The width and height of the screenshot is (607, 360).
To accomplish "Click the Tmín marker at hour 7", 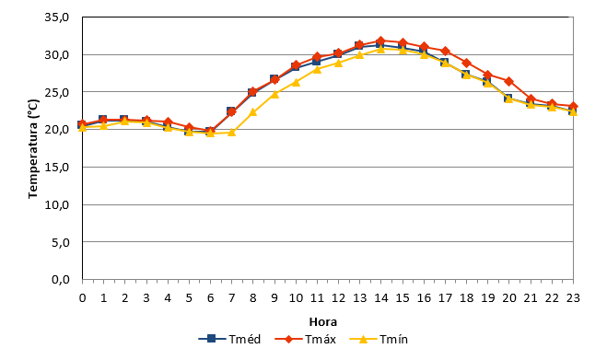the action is pos(231,132).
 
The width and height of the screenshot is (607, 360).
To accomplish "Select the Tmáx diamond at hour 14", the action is pos(381,41).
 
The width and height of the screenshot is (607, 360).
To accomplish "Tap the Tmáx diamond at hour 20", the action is pos(509,81).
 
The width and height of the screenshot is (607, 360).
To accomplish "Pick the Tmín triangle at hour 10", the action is pos(296,82).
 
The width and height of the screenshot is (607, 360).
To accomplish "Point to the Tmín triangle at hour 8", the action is pos(252,112).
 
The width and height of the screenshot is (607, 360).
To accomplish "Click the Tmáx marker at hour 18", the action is pos(466,63).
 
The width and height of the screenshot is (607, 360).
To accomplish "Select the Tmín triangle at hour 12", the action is pos(338,63).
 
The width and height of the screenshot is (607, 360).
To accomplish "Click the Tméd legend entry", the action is pos(229,339).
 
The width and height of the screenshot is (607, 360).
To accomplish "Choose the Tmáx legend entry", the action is pos(306,339).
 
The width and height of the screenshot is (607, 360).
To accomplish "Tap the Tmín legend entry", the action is pos(379,339).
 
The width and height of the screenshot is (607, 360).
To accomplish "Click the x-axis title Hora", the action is pos(323,321).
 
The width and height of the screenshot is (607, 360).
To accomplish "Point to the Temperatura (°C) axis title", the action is pos(33,149).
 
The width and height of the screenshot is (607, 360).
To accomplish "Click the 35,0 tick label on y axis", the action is pos(56,17).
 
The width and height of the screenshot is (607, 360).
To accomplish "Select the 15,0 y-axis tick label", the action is pos(56,168).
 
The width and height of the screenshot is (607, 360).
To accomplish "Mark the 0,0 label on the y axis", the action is pos(60,279).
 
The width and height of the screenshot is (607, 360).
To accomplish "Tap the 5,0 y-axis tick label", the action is pos(60,242).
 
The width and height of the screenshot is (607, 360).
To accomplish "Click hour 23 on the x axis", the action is pos(573,297).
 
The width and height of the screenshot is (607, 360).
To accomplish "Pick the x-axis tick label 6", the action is pos(210,297).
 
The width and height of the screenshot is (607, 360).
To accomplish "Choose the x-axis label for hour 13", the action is pos(359,297).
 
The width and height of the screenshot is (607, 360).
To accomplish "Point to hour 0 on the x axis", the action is pos(83,297).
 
